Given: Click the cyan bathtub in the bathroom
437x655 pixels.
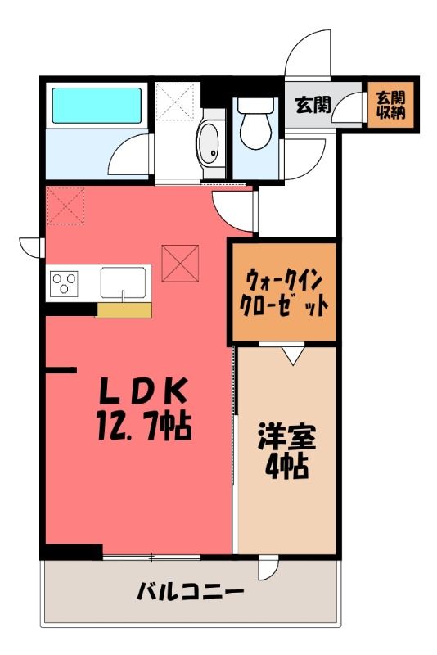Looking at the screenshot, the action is tap(97, 106).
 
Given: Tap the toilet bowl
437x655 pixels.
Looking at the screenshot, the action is tap(255, 124).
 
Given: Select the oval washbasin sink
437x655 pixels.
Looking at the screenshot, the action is tap(209, 144).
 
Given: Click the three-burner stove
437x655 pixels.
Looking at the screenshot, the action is tap(64, 283).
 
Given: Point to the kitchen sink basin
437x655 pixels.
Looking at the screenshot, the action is tap(123, 282).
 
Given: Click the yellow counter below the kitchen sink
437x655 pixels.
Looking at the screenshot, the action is tap(124, 310).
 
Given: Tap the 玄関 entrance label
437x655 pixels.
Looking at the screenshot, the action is tap(313, 105).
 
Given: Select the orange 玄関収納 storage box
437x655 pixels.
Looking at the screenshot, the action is tap(390, 105).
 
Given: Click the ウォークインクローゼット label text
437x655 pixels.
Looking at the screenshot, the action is tap(284, 293).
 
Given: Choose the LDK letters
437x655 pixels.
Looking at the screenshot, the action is tap(142, 391).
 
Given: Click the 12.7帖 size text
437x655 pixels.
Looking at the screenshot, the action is tap(144, 427).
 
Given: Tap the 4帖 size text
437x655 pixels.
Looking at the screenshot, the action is tap(287, 466).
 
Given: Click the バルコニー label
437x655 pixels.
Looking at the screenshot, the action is tap(190, 591).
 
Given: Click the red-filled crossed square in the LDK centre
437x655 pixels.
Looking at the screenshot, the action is tap(180, 263).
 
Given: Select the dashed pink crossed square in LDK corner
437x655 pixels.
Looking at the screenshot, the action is tap(65, 206).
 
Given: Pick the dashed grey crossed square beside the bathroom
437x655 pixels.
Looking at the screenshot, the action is tap(174, 102).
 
